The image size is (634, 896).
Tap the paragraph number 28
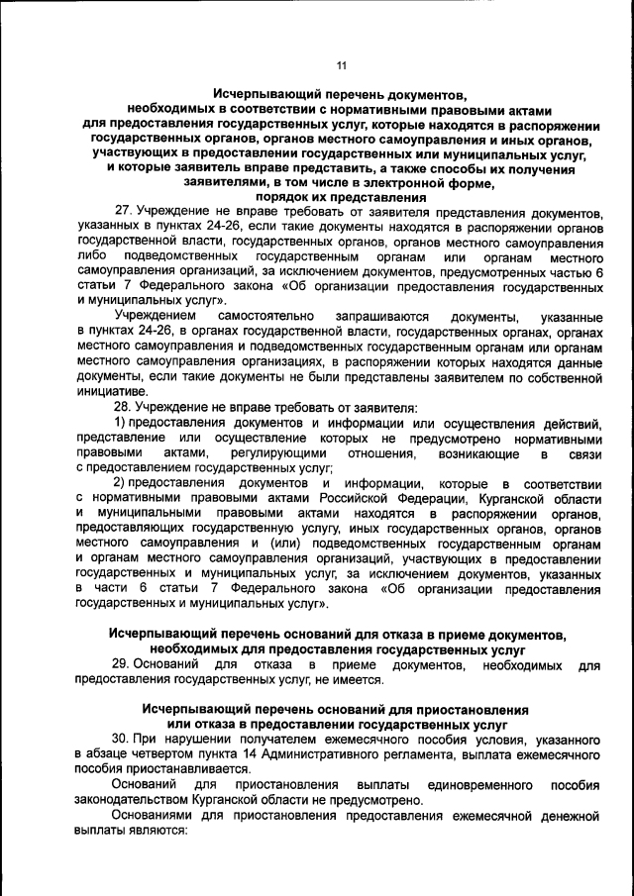pyautogui.click(x=125, y=407)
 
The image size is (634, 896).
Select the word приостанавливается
pyautogui.click(x=187, y=769)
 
